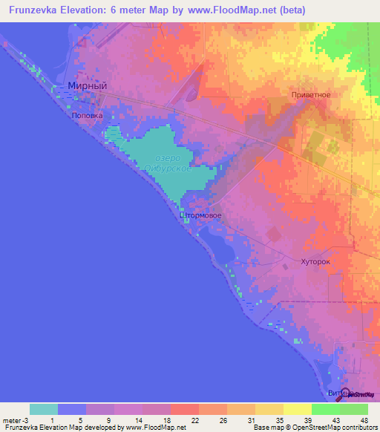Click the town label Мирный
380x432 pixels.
(x=88, y=86)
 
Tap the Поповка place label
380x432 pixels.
(x=87, y=116)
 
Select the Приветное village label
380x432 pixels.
(x=309, y=95)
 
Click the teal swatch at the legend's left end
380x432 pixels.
(x=44, y=409)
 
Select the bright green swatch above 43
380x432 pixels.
(x=326, y=409)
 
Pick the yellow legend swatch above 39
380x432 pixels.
(x=298, y=409)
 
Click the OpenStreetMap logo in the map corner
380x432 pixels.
(x=356, y=393)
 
